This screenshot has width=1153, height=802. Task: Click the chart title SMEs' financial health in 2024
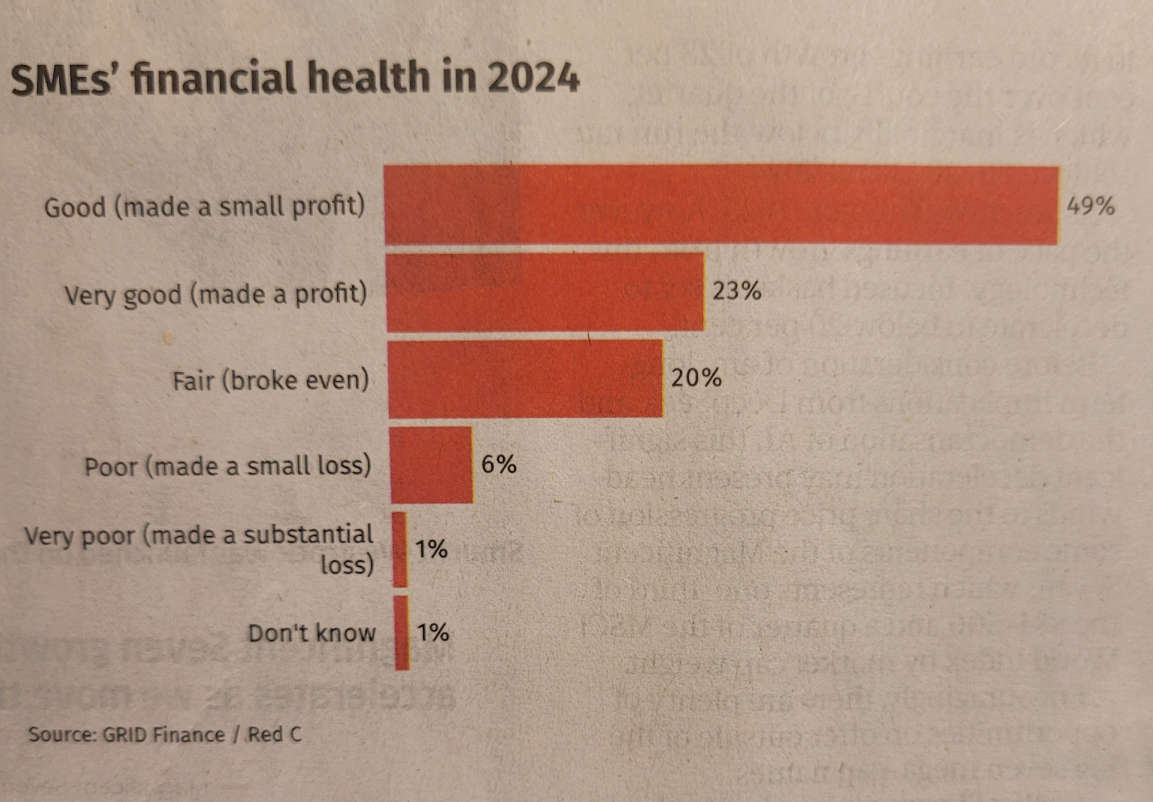coord(295,78)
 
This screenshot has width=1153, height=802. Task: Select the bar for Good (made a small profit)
coord(721,205)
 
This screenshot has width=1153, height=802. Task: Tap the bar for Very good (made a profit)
coord(545,292)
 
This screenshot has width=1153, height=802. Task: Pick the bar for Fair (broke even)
coord(525,379)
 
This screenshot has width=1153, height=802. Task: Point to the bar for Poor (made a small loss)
coord(431,465)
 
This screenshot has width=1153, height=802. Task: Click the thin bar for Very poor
coord(400,549)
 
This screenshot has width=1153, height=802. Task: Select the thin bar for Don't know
coord(402,633)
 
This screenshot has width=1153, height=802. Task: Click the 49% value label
coord(1090,206)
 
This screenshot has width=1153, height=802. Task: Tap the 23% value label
coord(737,291)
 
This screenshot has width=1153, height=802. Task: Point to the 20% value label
coord(696,378)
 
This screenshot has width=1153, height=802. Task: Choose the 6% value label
coord(499,464)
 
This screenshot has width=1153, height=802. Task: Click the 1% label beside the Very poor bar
coord(432,549)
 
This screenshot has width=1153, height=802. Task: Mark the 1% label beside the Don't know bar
coord(433,632)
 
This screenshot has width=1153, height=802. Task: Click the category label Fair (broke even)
coord(270,381)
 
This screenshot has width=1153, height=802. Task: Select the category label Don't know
coord(311,633)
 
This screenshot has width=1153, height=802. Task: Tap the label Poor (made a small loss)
coord(228,466)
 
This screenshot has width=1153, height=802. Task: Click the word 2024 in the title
coord(533,78)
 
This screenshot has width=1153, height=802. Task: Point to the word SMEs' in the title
coord(64,80)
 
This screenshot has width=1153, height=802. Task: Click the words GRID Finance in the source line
coord(164,735)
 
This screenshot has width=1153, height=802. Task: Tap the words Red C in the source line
coord(274,735)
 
